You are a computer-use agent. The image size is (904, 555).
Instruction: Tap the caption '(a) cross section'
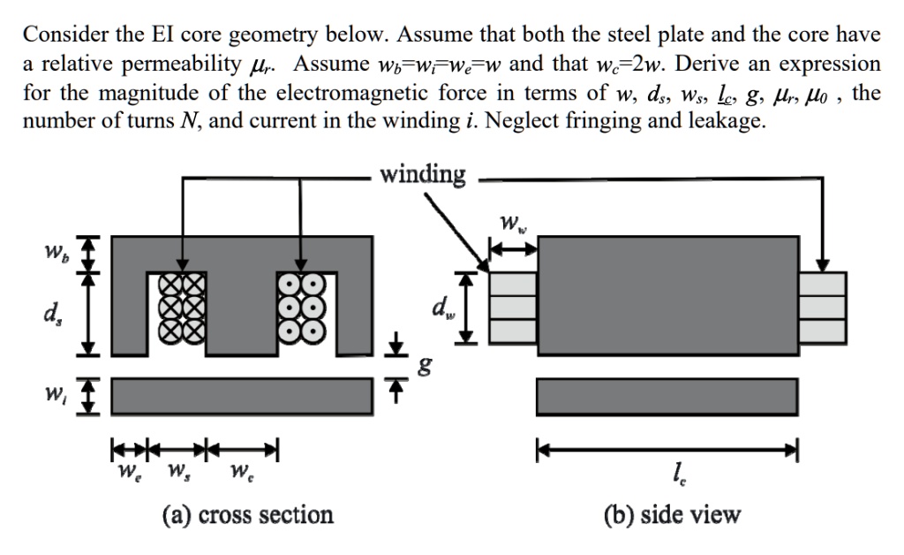tap(247, 515)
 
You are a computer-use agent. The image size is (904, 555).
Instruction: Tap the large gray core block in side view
tap(667, 295)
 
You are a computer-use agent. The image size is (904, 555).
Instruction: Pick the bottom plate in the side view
tap(667, 395)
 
